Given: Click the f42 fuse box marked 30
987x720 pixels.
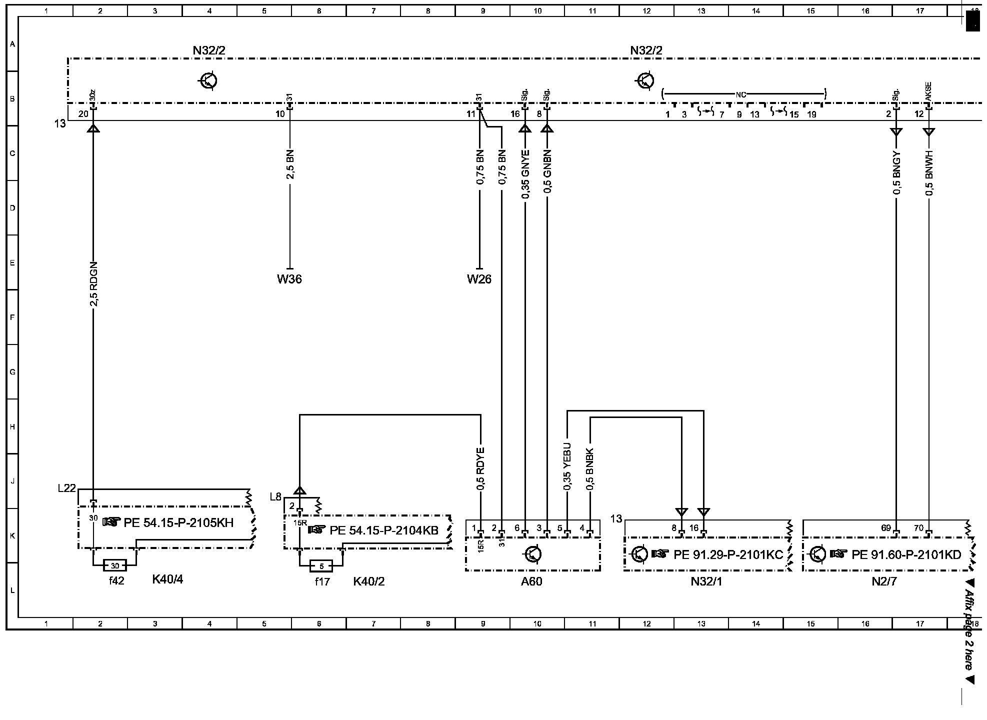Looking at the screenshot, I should (115, 566).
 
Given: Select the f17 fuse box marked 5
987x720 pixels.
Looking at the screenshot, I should (321, 566).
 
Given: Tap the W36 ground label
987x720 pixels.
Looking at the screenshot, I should (289, 279).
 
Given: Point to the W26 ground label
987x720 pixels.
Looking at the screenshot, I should (479, 279).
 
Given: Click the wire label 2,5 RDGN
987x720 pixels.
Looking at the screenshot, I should (93, 283).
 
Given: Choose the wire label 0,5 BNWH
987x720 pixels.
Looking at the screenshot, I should (929, 172).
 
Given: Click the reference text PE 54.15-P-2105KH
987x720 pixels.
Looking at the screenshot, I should (178, 522).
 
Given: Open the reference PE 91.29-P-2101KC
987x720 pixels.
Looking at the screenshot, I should (728, 554).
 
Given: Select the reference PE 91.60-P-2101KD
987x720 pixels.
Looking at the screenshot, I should (906, 554).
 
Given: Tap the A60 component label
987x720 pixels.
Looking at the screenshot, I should (531, 581).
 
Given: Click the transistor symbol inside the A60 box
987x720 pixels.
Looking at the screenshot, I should (533, 554).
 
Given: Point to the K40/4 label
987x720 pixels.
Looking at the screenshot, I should (167, 580).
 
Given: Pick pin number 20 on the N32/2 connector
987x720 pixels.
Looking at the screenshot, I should (83, 114).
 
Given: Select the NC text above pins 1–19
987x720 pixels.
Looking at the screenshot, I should (740, 94).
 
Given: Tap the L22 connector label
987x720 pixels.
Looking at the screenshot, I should (66, 488).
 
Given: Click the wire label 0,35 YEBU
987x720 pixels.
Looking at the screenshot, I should (567, 466).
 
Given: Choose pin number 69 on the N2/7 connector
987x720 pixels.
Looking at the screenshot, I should (885, 528).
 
